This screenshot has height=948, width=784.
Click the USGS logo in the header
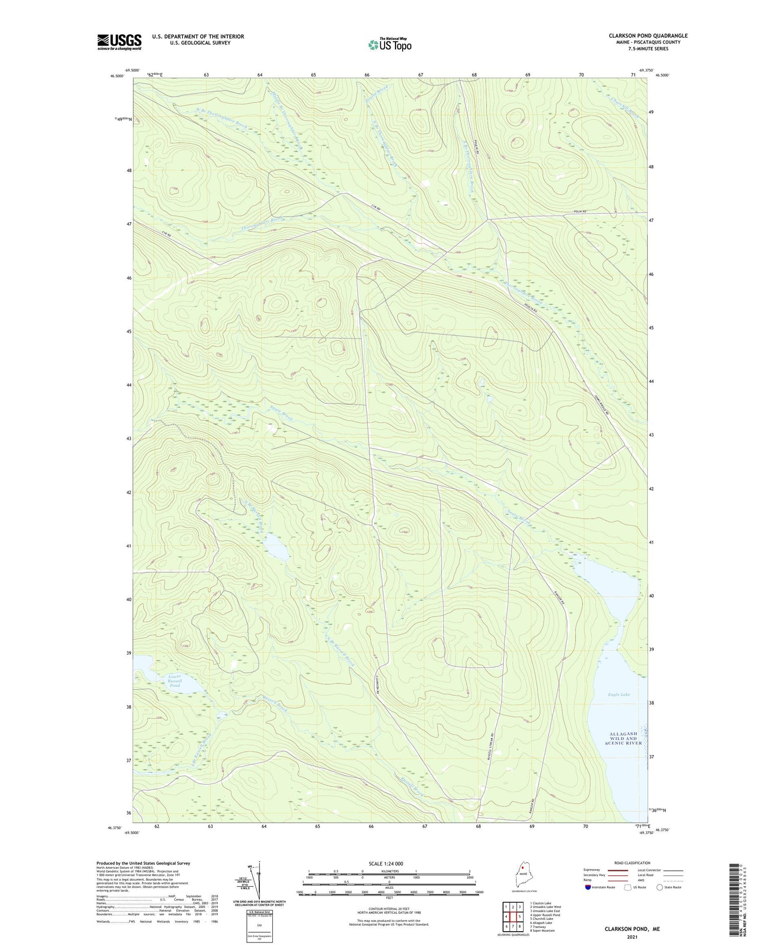click(x=119, y=42)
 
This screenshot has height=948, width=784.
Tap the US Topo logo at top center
click(x=389, y=44)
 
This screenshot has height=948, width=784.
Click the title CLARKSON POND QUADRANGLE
click(x=648, y=36)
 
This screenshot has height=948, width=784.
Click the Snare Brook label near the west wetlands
click(x=281, y=415)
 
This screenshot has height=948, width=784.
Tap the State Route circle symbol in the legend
click(x=659, y=887)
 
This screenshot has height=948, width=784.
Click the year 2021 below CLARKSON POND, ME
click(x=632, y=937)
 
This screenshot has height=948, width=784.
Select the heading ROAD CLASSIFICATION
click(x=633, y=863)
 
